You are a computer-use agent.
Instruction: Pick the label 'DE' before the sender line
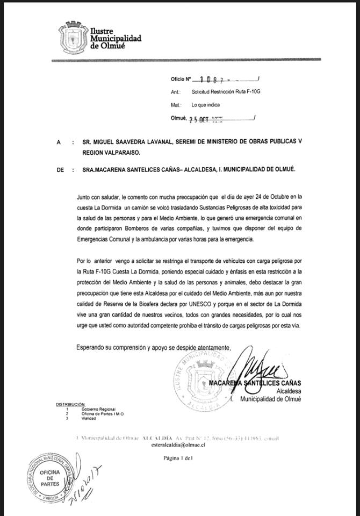pos(60,169)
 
